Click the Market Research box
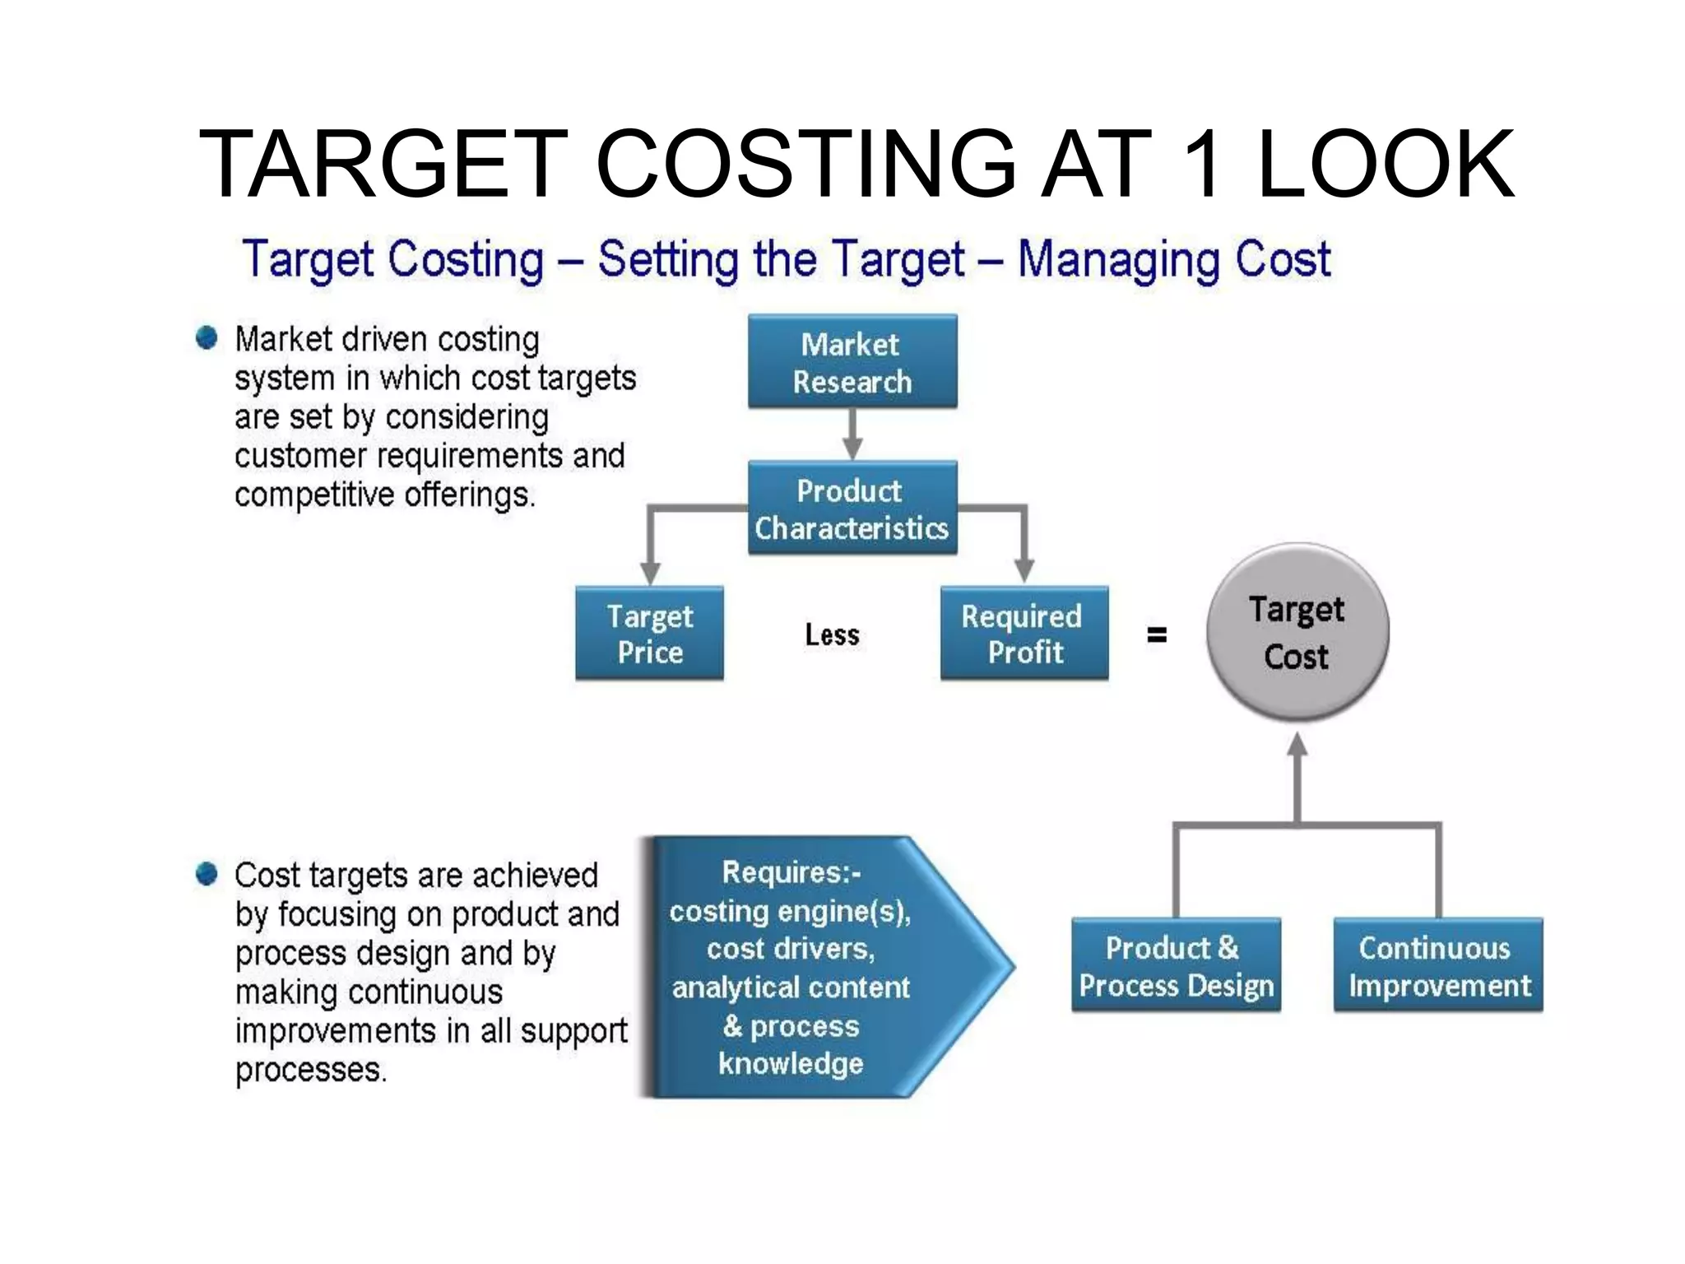852,361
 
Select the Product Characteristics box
852,508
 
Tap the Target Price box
649,633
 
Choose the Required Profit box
1024,633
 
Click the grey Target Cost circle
1297,632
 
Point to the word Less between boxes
832,634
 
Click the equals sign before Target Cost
1156,634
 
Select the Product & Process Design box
1176,964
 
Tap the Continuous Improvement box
1437,964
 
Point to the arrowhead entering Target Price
650,574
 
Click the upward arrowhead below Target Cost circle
1297,745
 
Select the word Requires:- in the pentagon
791,872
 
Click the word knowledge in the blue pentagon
791,1063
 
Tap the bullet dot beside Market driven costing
207,337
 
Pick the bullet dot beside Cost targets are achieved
207,873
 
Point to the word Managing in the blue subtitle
1117,259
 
